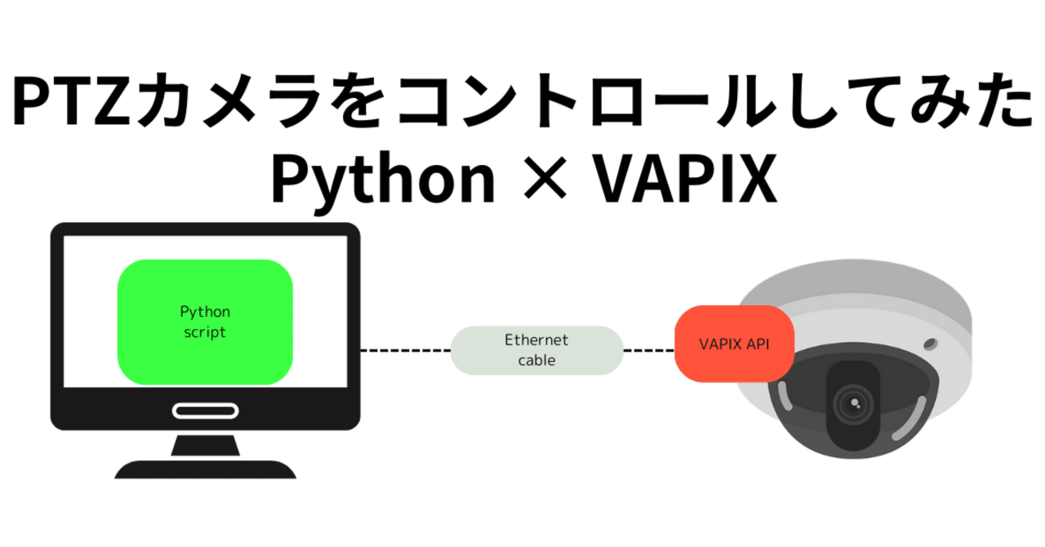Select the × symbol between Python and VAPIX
541,181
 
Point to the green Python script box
205,322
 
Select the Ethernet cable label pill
536,350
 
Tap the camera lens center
854,402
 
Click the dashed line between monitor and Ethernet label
405,350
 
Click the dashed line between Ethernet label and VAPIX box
649,350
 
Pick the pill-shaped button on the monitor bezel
205,410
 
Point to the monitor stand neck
205,444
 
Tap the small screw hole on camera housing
929,341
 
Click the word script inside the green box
205,332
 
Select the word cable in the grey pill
536,360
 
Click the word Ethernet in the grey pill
536,340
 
